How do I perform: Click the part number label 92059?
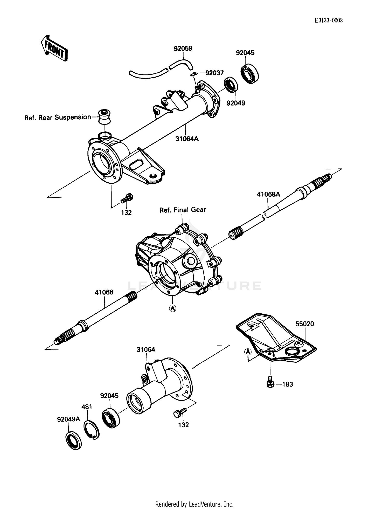click(183, 49)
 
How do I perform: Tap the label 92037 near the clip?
click(214, 73)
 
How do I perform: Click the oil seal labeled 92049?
click(231, 85)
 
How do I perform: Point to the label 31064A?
click(187, 139)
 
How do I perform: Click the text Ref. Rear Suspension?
click(58, 118)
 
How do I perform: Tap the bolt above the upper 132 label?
click(127, 198)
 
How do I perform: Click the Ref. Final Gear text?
click(182, 210)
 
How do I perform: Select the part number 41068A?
click(268, 194)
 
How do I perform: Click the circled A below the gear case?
click(173, 308)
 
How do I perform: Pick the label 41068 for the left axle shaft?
click(104, 292)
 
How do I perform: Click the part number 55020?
click(304, 324)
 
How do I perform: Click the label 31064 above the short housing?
click(146, 349)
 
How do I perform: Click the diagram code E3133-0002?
click(329, 20)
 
